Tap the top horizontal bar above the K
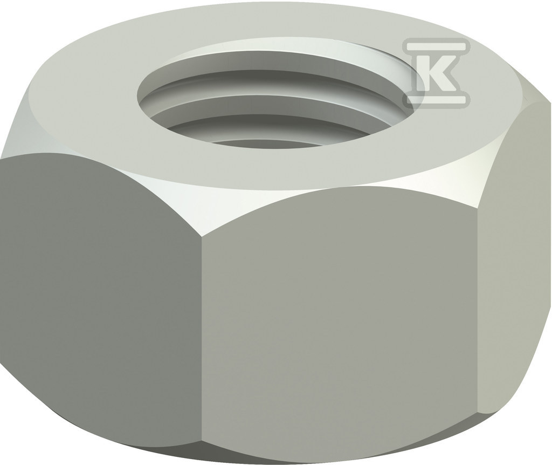pos(437,45)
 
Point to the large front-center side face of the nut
pos(334,318)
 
